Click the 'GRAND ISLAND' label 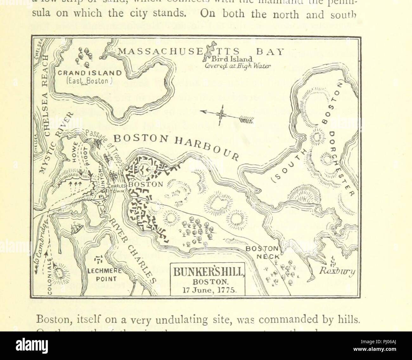(85, 73)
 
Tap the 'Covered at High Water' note (237, 66)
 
